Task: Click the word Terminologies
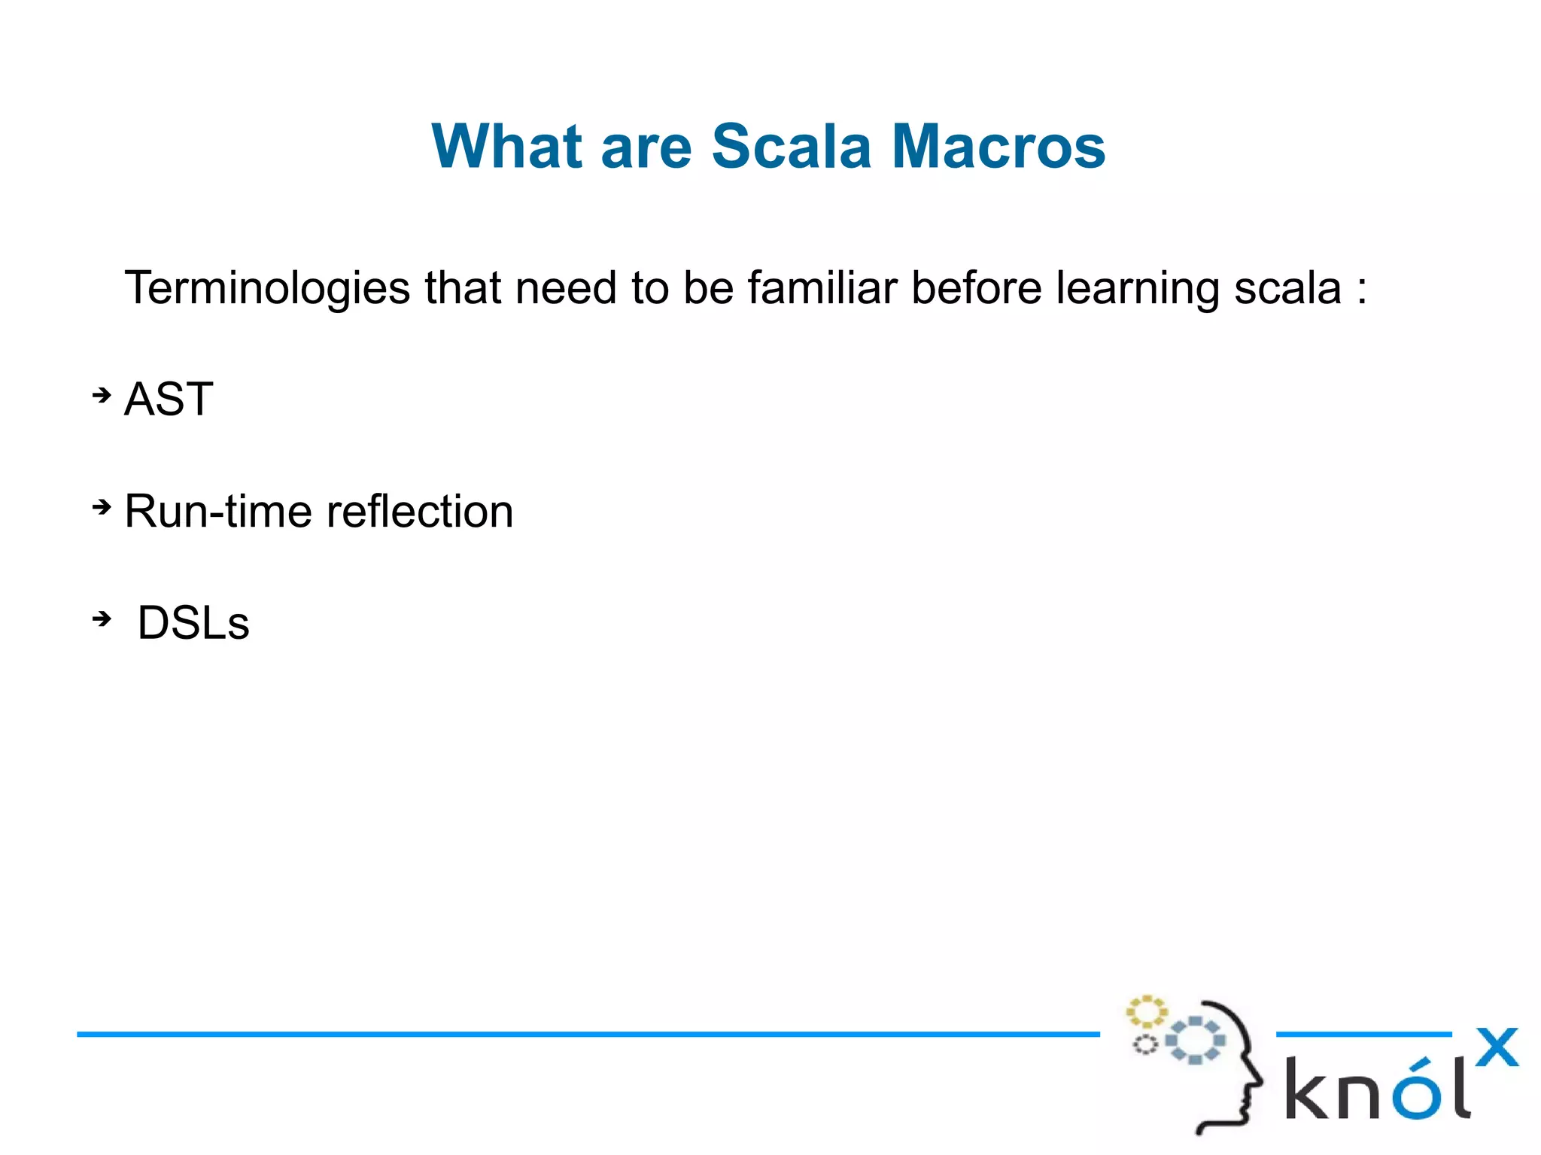[x=267, y=288]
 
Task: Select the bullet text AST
[x=169, y=399]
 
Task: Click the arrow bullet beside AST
[x=102, y=395]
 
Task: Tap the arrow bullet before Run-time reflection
[x=102, y=508]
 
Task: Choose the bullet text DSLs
[x=193, y=623]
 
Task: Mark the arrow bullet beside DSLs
[x=102, y=619]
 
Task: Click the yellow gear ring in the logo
[x=1146, y=1012]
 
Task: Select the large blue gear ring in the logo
[x=1195, y=1041]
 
